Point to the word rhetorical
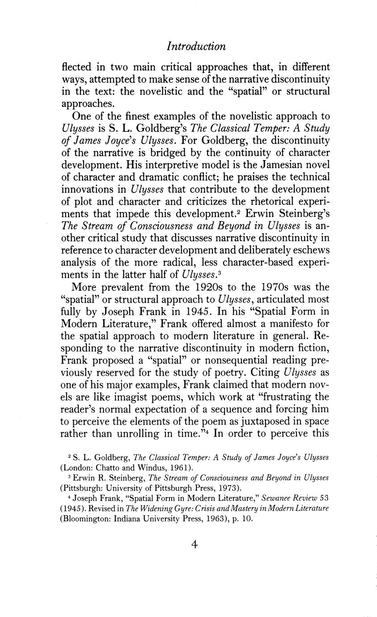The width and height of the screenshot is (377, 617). (x=265, y=200)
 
